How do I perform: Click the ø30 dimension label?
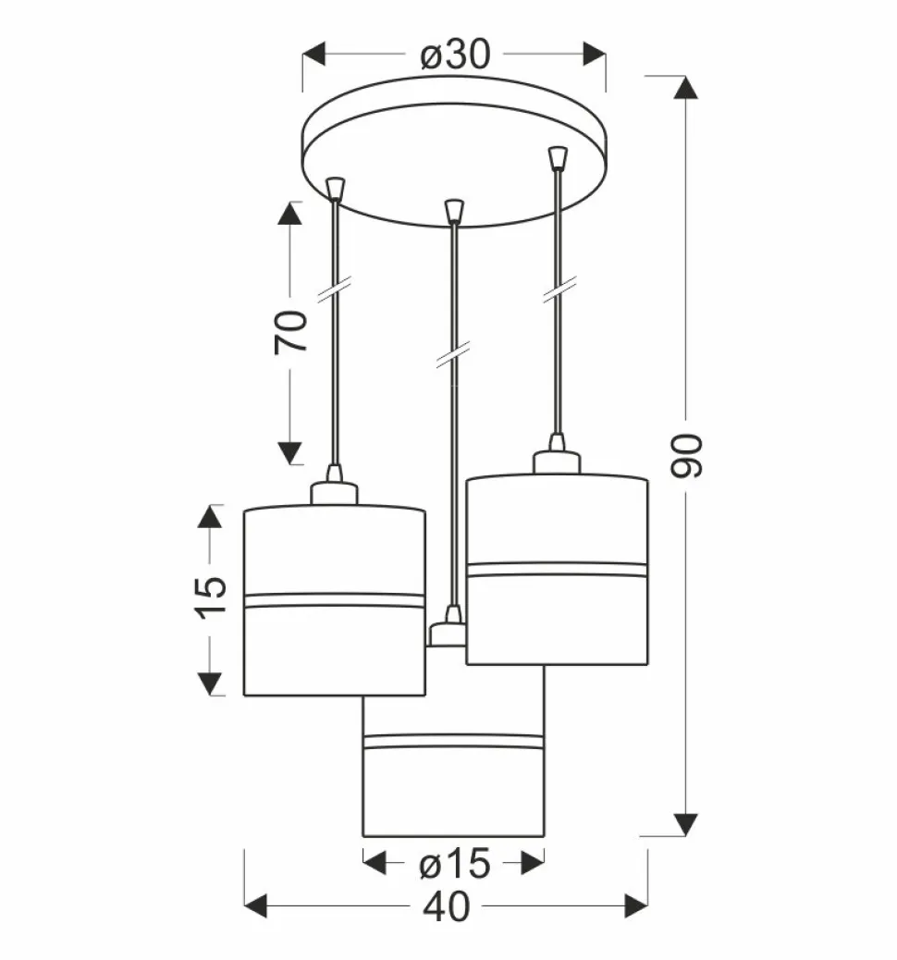point(455,55)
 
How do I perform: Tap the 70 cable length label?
point(291,331)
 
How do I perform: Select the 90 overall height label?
point(686,456)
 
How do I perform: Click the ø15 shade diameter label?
point(455,864)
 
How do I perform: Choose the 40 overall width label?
point(447,906)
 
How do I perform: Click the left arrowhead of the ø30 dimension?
point(314,54)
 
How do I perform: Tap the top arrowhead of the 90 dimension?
point(686,88)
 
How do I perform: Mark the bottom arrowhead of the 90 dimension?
point(686,825)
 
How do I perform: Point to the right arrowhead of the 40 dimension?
point(636,906)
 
